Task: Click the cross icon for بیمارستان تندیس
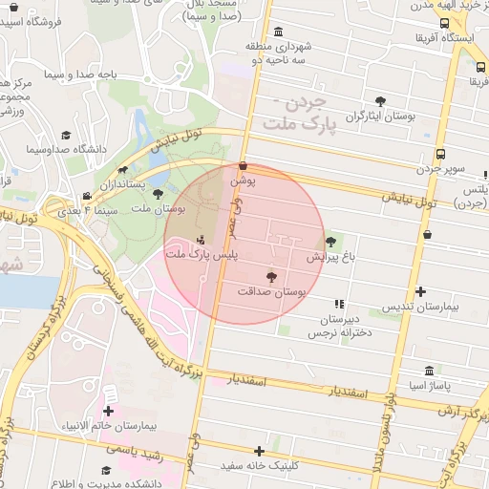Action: (x=420, y=291)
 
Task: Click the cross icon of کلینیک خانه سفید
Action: (x=258, y=451)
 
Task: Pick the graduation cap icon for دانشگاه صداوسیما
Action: (x=66, y=136)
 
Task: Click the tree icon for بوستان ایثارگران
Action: (x=380, y=101)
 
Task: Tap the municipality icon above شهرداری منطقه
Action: (x=278, y=32)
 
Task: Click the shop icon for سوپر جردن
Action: (x=439, y=154)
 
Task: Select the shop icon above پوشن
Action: (x=243, y=165)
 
